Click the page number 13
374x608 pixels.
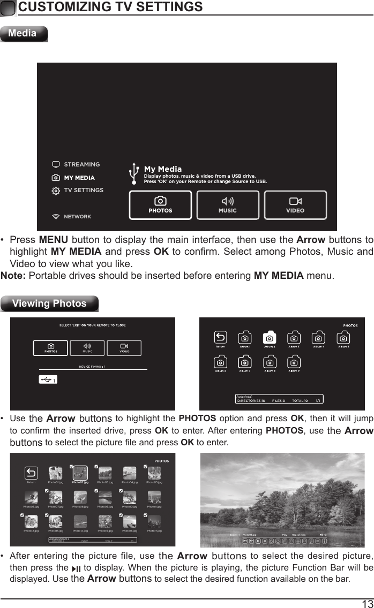point(367,603)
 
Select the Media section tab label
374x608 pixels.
point(23,33)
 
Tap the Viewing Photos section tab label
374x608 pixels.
point(49,303)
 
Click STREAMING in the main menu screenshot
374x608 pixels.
point(81,164)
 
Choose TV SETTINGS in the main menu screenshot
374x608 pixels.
point(84,190)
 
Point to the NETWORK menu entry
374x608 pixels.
point(77,217)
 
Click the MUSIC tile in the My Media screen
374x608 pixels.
point(227,205)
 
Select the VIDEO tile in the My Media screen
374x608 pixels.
point(295,205)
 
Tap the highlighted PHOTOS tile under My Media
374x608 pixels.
point(160,205)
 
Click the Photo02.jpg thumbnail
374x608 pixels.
point(80,473)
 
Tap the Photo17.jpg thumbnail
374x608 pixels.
point(154,521)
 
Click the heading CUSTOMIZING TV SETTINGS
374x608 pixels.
point(110,7)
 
